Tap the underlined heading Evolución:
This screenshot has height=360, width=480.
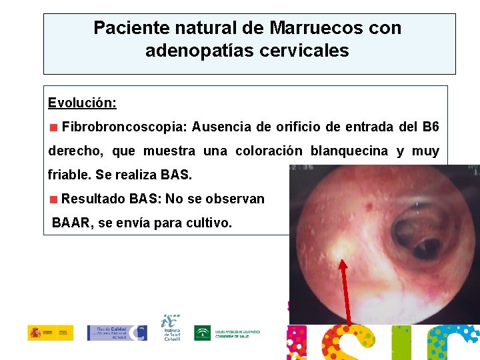tap(83, 103)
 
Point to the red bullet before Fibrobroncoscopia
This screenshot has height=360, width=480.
tap(53, 127)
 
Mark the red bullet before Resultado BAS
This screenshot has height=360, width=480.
tap(53, 199)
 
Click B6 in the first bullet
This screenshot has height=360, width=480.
tap(431, 126)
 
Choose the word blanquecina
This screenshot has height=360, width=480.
tap(350, 151)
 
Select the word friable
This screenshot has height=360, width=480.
tap(69, 175)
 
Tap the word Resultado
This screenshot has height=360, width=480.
tap(94, 199)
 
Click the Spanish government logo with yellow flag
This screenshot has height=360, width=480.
tap(51, 332)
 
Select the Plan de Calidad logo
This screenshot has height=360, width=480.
tap(117, 333)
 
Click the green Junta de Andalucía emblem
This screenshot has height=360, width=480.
tap(202, 333)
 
